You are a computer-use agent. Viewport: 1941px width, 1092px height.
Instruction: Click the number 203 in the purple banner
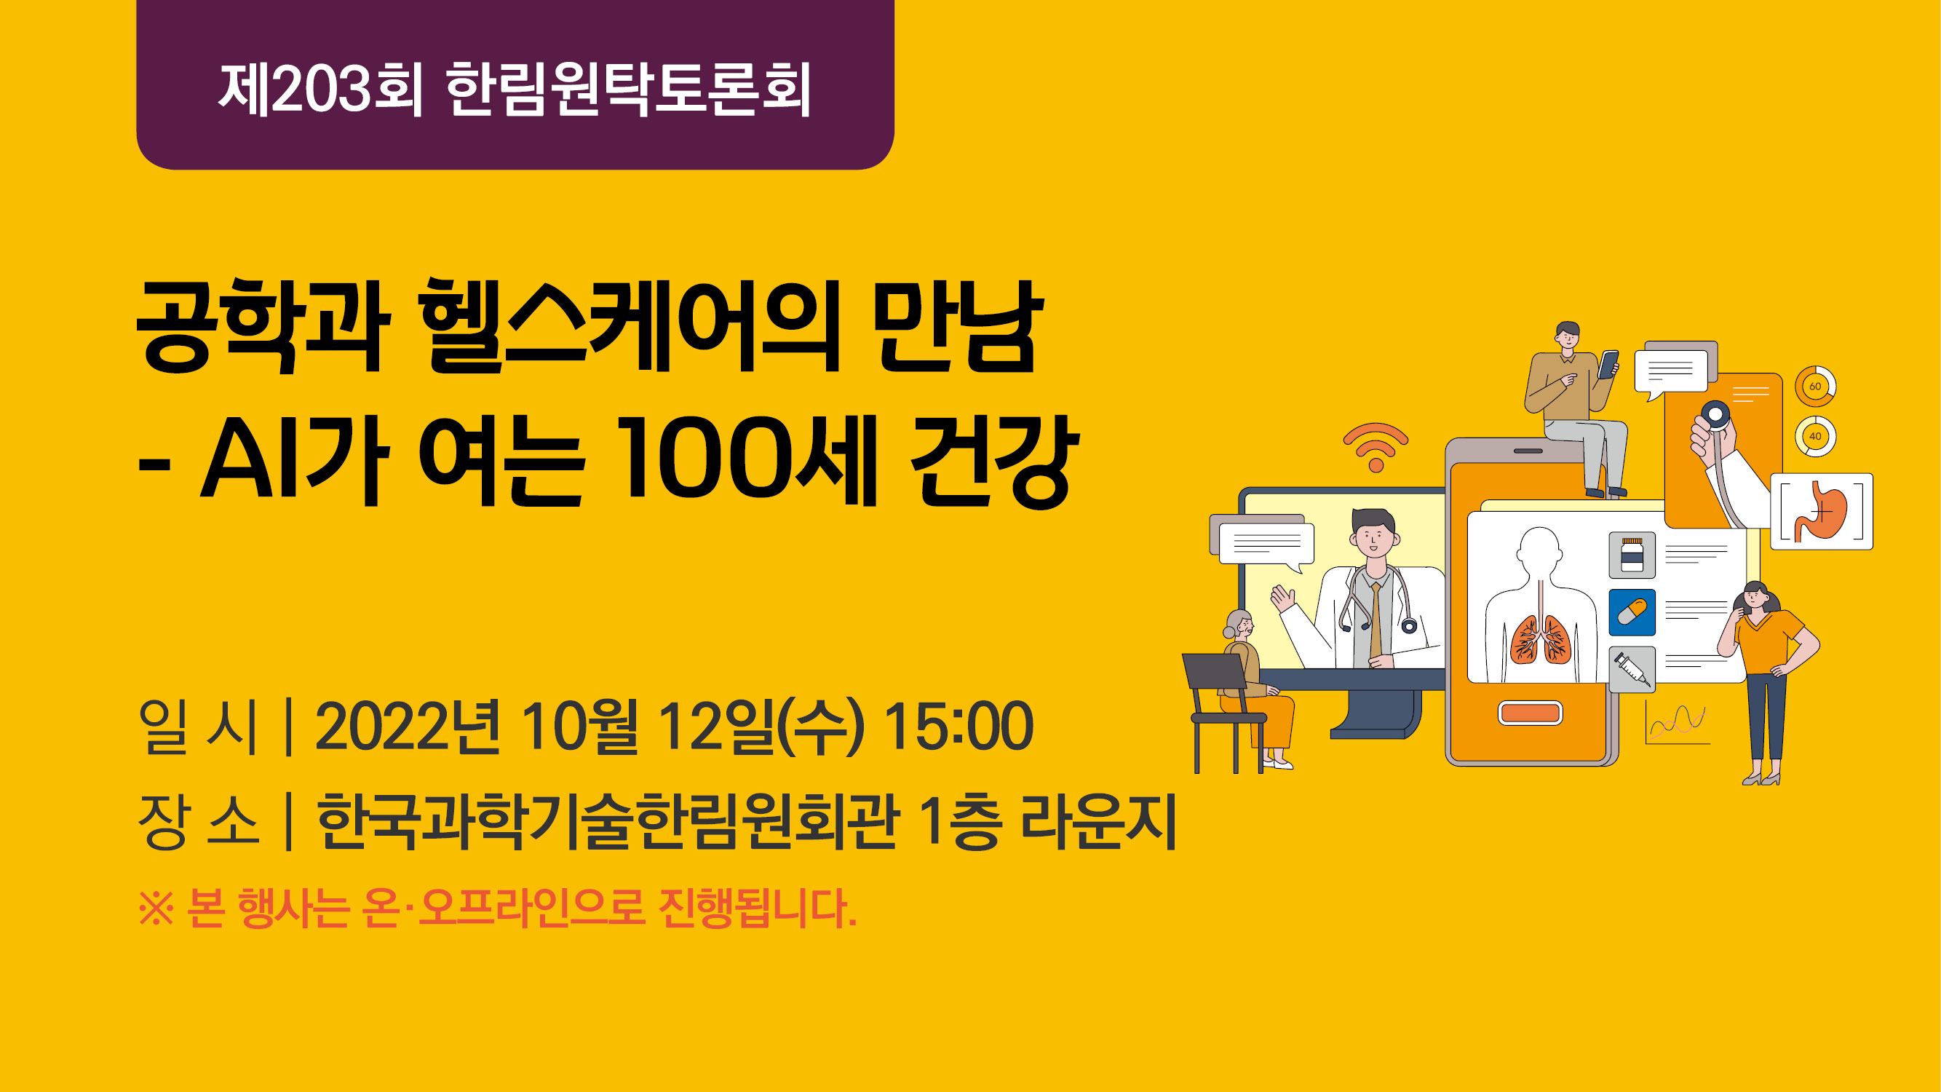[322, 90]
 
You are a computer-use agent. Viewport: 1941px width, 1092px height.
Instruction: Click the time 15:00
[958, 727]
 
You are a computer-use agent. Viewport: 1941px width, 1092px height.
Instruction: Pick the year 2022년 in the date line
[407, 727]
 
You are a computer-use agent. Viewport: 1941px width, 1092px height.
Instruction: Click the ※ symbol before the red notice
[156, 908]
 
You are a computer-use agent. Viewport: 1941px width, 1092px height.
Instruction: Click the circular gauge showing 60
[1815, 386]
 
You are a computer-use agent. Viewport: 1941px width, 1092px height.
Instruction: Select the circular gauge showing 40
[1815, 436]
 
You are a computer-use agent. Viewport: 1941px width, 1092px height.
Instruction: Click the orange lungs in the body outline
[1540, 638]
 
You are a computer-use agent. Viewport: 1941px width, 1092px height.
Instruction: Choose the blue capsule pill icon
[1632, 612]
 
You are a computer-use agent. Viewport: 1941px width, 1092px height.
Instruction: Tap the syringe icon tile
[1632, 669]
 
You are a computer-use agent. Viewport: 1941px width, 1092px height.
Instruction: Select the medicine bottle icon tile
[1632, 555]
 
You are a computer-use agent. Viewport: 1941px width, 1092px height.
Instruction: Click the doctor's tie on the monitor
[1376, 620]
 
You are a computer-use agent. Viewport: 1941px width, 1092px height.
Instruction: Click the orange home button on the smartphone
[1530, 713]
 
